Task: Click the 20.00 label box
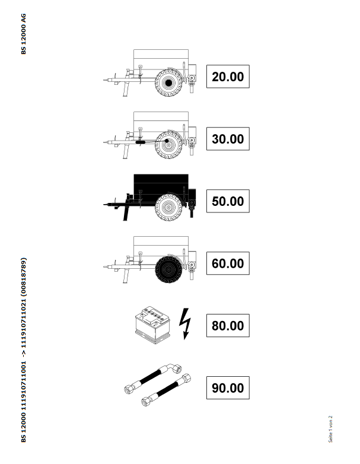228,77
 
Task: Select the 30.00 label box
228,139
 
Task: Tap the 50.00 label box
228,201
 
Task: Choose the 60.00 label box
228,263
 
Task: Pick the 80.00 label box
228,326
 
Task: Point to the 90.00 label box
228,388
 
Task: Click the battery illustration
152,325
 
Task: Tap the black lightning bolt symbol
185,324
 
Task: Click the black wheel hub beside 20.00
168,83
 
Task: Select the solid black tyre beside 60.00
168,269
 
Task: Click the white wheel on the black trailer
168,207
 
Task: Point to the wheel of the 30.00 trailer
168,145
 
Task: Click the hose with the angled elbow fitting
153,379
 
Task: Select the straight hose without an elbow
166,390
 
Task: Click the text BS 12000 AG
23,34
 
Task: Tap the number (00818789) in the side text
23,277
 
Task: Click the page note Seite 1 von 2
330,429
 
